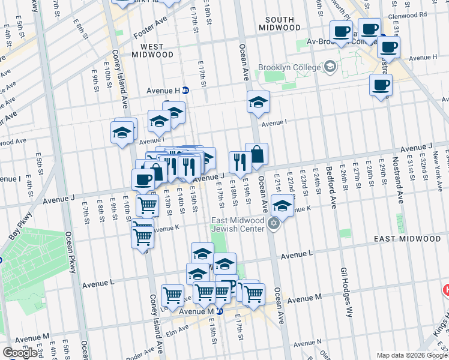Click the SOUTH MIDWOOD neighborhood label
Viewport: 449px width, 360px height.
(280, 23)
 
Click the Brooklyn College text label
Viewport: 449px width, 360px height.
(290, 67)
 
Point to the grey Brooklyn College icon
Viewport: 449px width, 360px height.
(330, 67)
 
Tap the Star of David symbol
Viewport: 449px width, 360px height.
(274, 224)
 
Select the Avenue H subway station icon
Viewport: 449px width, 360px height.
(185, 91)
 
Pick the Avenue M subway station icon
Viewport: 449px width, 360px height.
(220, 311)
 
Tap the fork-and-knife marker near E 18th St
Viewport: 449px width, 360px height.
(239, 161)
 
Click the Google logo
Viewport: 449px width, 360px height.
(19, 353)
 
